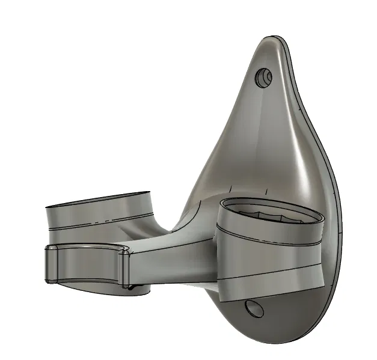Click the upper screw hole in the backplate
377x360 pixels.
(264, 76)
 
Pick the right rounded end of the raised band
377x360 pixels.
(126, 267)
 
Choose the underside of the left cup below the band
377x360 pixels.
(90, 287)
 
